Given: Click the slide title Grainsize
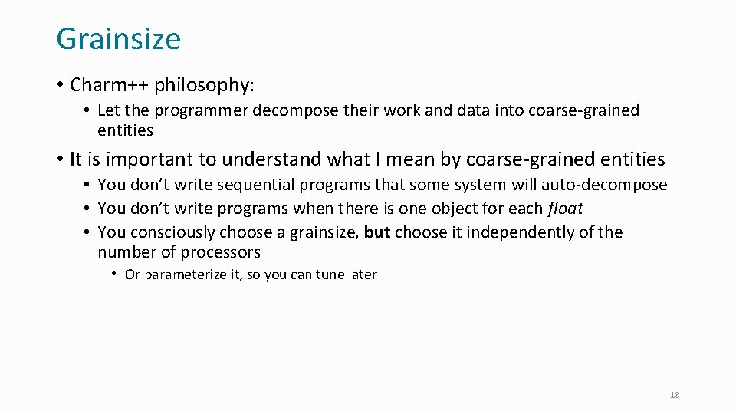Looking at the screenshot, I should (x=118, y=38).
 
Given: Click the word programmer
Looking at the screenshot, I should (x=195, y=110).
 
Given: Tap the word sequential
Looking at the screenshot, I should (x=251, y=185).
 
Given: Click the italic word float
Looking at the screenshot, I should (x=566, y=209).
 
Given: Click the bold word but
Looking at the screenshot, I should (x=377, y=232).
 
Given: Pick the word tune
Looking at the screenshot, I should (x=330, y=274).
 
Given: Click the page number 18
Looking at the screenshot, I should (x=675, y=395).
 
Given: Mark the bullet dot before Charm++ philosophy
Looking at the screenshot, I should (x=60, y=84).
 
